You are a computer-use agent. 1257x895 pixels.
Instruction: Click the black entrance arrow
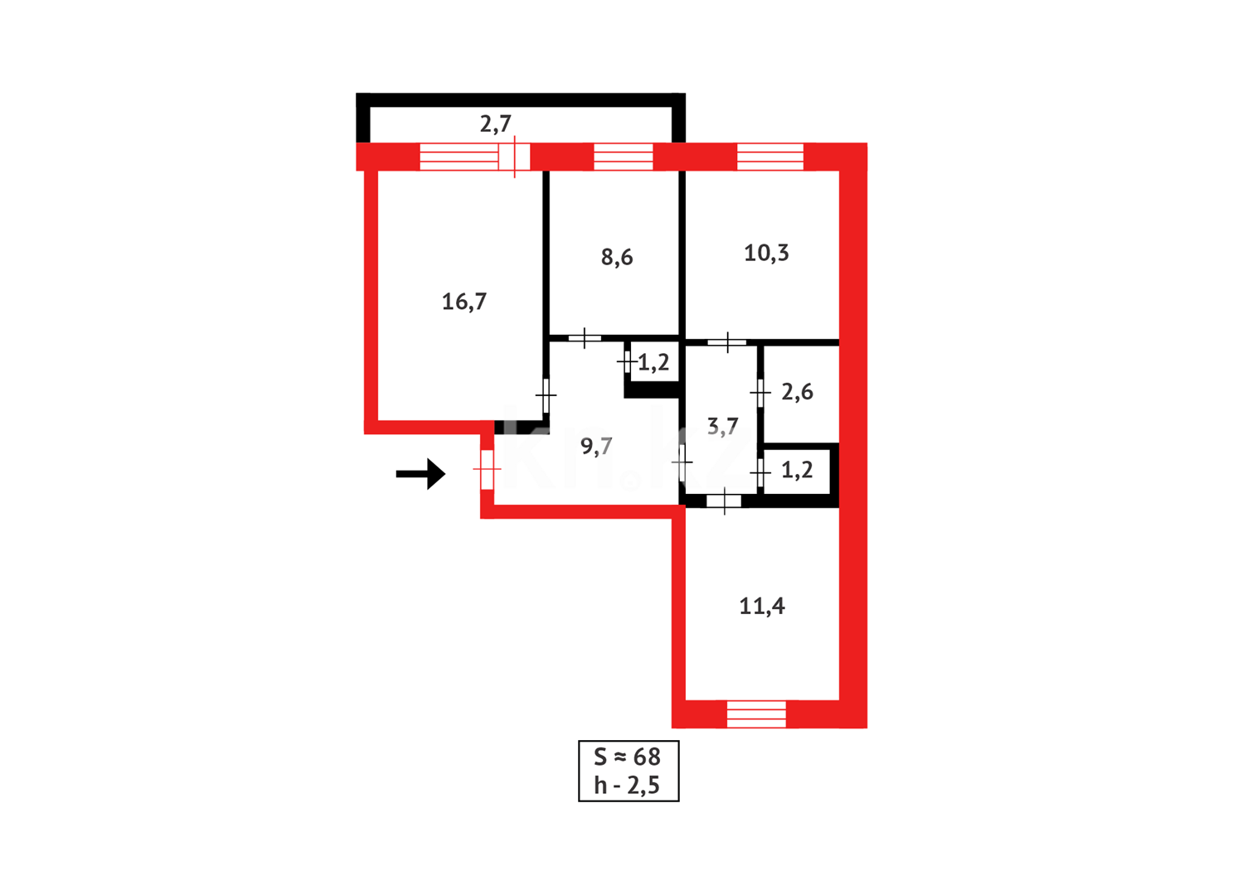click(x=421, y=474)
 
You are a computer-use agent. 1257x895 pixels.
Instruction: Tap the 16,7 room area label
click(x=463, y=302)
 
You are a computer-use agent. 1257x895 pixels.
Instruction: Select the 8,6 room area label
click(x=616, y=258)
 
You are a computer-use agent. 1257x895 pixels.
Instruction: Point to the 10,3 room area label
click(x=766, y=254)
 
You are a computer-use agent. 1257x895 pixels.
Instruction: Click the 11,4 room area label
click(x=761, y=607)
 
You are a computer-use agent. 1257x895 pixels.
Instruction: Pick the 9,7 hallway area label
click(x=596, y=447)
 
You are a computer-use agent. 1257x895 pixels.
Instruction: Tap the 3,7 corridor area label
click(x=722, y=427)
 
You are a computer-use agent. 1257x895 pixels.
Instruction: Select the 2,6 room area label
click(x=797, y=392)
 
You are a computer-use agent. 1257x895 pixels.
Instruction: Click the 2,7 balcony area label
click(x=495, y=124)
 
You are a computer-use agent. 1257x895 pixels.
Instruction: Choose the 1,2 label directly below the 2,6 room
click(x=797, y=471)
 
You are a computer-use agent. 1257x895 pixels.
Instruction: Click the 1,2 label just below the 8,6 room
click(x=653, y=363)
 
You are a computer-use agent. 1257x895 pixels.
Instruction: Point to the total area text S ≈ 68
click(x=628, y=757)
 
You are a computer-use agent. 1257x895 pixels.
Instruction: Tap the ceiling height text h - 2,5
click(x=628, y=785)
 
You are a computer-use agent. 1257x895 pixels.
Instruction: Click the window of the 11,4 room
click(x=756, y=714)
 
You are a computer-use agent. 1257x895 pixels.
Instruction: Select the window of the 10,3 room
click(x=770, y=157)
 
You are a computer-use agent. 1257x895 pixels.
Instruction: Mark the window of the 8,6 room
click(x=624, y=157)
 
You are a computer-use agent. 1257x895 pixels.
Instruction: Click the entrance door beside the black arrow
click(x=487, y=470)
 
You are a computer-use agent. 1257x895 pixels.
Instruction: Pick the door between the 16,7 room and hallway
click(x=546, y=395)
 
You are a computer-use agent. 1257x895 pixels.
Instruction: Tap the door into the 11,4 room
click(x=724, y=501)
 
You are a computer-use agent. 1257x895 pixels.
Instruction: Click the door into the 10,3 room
click(x=727, y=341)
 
